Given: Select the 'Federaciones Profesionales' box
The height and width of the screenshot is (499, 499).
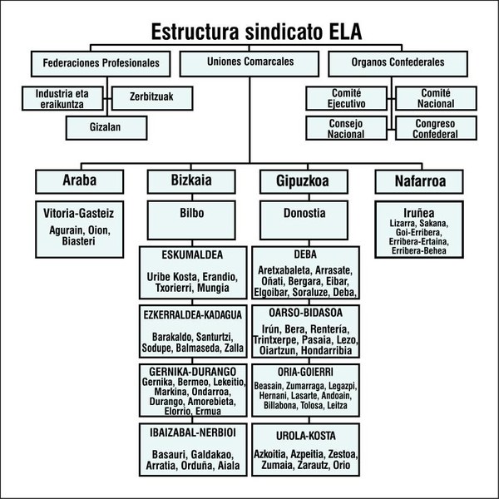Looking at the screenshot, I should pos(101,62).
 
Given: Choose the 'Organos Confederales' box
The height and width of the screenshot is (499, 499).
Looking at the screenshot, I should pos(398,62).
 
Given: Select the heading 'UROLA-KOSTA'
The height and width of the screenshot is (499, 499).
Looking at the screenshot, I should pos(304,435).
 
